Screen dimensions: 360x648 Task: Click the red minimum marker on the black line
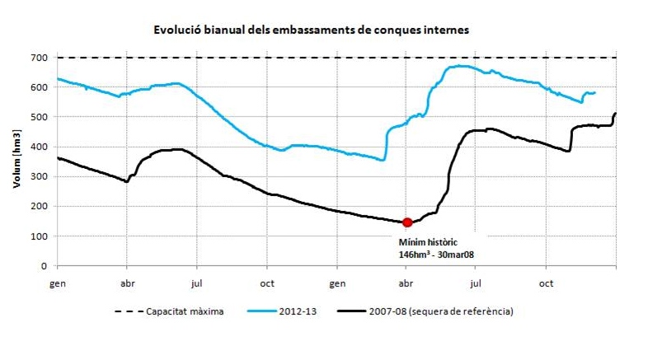[407, 222]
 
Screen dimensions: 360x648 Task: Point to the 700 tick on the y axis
[40, 58]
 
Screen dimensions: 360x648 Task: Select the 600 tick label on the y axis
[40, 87]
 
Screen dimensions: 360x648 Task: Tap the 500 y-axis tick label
[40, 117]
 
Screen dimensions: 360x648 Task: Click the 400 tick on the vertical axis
[40, 147]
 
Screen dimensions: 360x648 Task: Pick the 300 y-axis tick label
[40, 177]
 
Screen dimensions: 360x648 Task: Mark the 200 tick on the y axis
[40, 207]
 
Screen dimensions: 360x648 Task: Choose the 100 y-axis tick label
[40, 236]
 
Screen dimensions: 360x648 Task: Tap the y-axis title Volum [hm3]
[16, 161]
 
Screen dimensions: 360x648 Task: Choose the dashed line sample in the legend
[126, 311]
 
